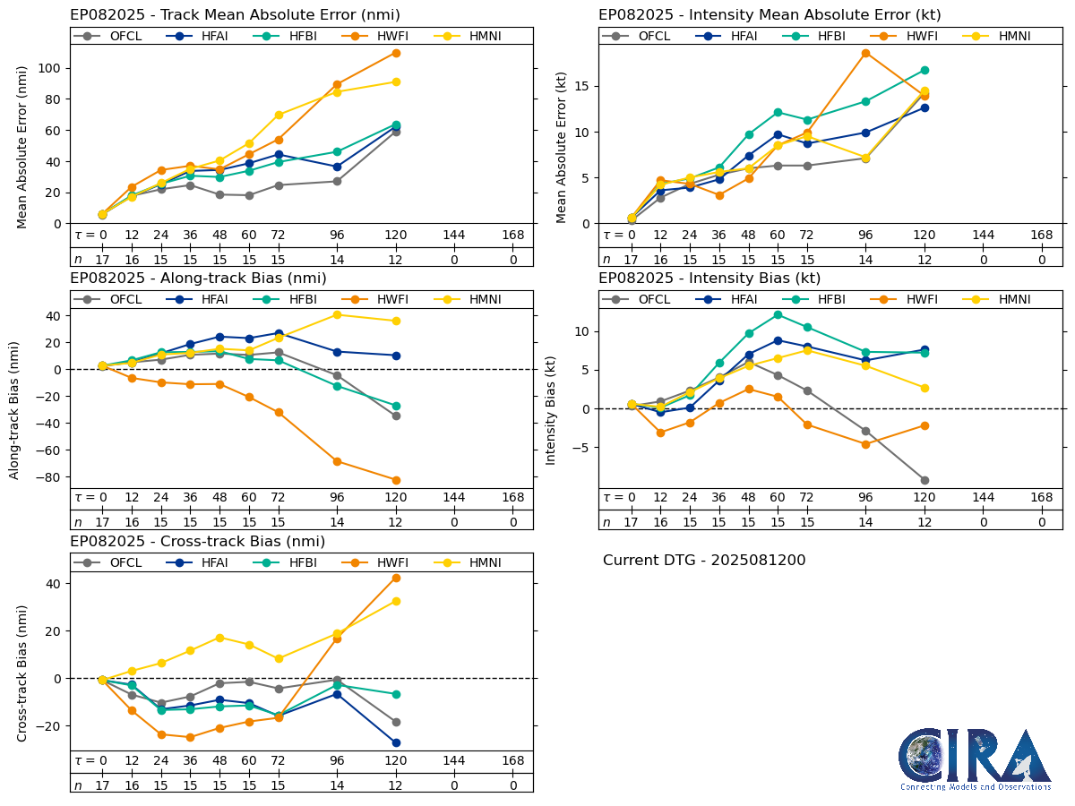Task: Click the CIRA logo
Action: click(x=976, y=759)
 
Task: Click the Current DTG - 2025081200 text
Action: click(x=704, y=561)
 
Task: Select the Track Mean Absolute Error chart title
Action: click(x=235, y=14)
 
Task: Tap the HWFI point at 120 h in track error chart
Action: click(x=396, y=53)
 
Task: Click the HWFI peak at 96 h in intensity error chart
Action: click(x=865, y=53)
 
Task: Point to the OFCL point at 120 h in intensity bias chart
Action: click(x=924, y=480)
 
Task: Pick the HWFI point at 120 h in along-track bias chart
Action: click(x=396, y=480)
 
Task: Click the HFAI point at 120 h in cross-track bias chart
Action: click(x=396, y=742)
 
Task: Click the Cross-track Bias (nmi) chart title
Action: click(x=197, y=542)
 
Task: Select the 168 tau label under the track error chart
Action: click(x=512, y=236)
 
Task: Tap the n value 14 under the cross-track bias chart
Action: click(x=337, y=785)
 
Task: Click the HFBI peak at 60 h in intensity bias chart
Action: click(x=778, y=314)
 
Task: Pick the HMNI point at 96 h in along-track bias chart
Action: click(x=337, y=314)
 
